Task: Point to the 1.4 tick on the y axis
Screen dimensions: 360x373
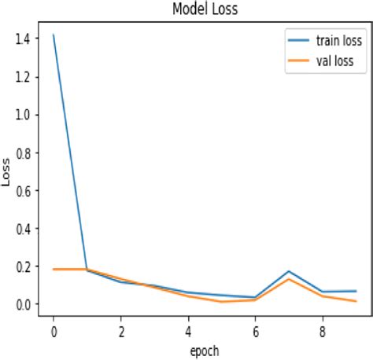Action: (x=24, y=39)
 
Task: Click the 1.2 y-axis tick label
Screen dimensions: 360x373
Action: (x=24, y=77)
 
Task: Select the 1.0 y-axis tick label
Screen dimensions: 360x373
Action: (x=24, y=115)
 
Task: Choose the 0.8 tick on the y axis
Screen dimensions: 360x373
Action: (x=24, y=152)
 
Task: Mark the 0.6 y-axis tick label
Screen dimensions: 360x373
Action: (x=24, y=191)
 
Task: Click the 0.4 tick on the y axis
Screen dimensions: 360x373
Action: (x=24, y=229)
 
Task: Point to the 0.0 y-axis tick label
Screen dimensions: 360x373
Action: (x=24, y=304)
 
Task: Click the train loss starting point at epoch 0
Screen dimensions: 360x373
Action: (x=54, y=35)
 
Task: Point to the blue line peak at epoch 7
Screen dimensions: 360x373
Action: (x=290, y=271)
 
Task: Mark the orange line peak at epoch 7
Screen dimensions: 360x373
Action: (x=290, y=279)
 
